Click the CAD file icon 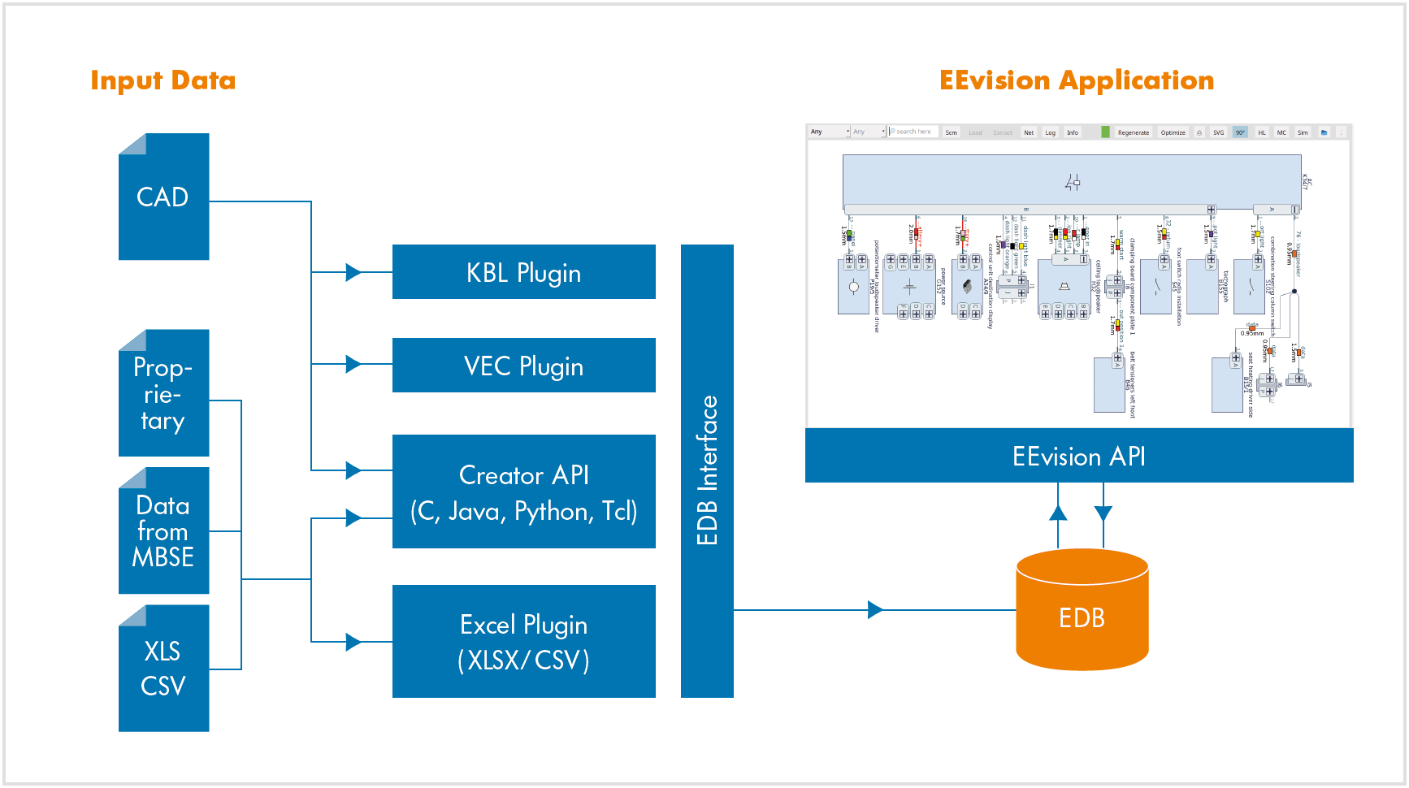pos(163,197)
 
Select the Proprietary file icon pos(163,393)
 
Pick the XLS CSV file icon pos(163,668)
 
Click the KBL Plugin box pos(523,272)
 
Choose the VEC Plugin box pos(523,366)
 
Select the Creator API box pos(523,491)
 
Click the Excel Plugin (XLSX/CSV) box pos(523,641)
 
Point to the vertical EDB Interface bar pos(707,470)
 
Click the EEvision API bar pos(1078,456)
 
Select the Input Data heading pos(163,80)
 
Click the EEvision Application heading pos(1077,80)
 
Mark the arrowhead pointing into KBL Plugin pos(353,272)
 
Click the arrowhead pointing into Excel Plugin pos(353,642)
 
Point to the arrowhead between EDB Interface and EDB pos(875,609)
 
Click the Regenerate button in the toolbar pos(1133,132)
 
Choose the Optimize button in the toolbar pos(1173,132)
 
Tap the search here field pos(913,132)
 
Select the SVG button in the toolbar pos(1218,132)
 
